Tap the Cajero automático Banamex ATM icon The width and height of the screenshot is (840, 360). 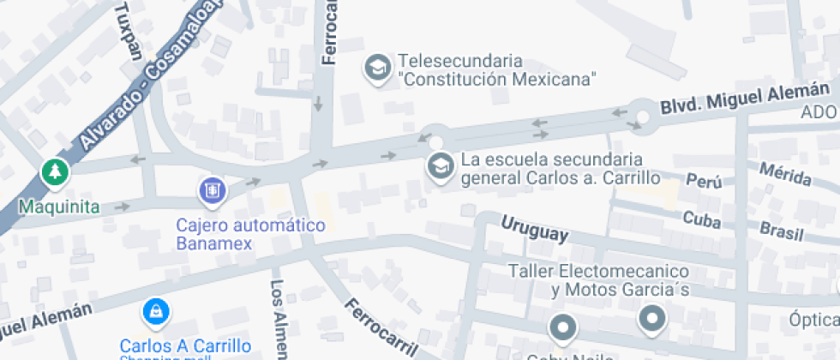click(x=212, y=190)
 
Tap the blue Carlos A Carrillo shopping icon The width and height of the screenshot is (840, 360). click(x=155, y=312)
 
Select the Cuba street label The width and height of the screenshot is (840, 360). click(x=701, y=218)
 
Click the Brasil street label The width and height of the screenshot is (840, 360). click(x=782, y=231)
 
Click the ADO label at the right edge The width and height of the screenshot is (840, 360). click(x=819, y=112)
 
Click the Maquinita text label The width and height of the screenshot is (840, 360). click(x=59, y=207)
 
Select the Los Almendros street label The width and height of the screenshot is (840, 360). click(x=278, y=317)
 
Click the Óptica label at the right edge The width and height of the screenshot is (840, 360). click(x=813, y=321)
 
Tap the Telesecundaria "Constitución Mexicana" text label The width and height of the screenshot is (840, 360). click(x=496, y=70)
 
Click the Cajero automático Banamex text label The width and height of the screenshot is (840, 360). click(x=250, y=234)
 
